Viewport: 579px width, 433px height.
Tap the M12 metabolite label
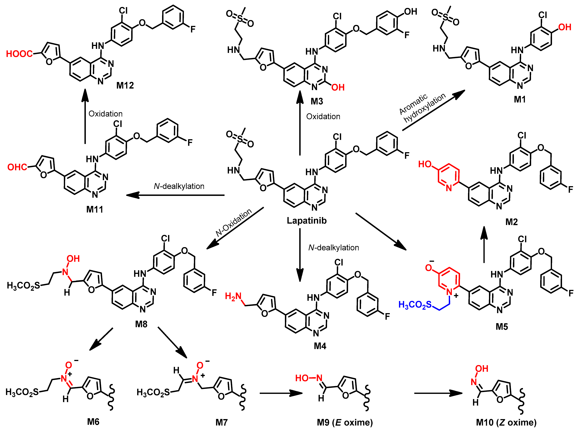(125, 85)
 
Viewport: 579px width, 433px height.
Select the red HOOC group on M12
(19, 54)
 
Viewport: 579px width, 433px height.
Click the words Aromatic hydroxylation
(422, 107)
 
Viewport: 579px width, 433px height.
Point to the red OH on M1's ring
(565, 27)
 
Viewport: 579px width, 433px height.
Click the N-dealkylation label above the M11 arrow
(179, 186)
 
